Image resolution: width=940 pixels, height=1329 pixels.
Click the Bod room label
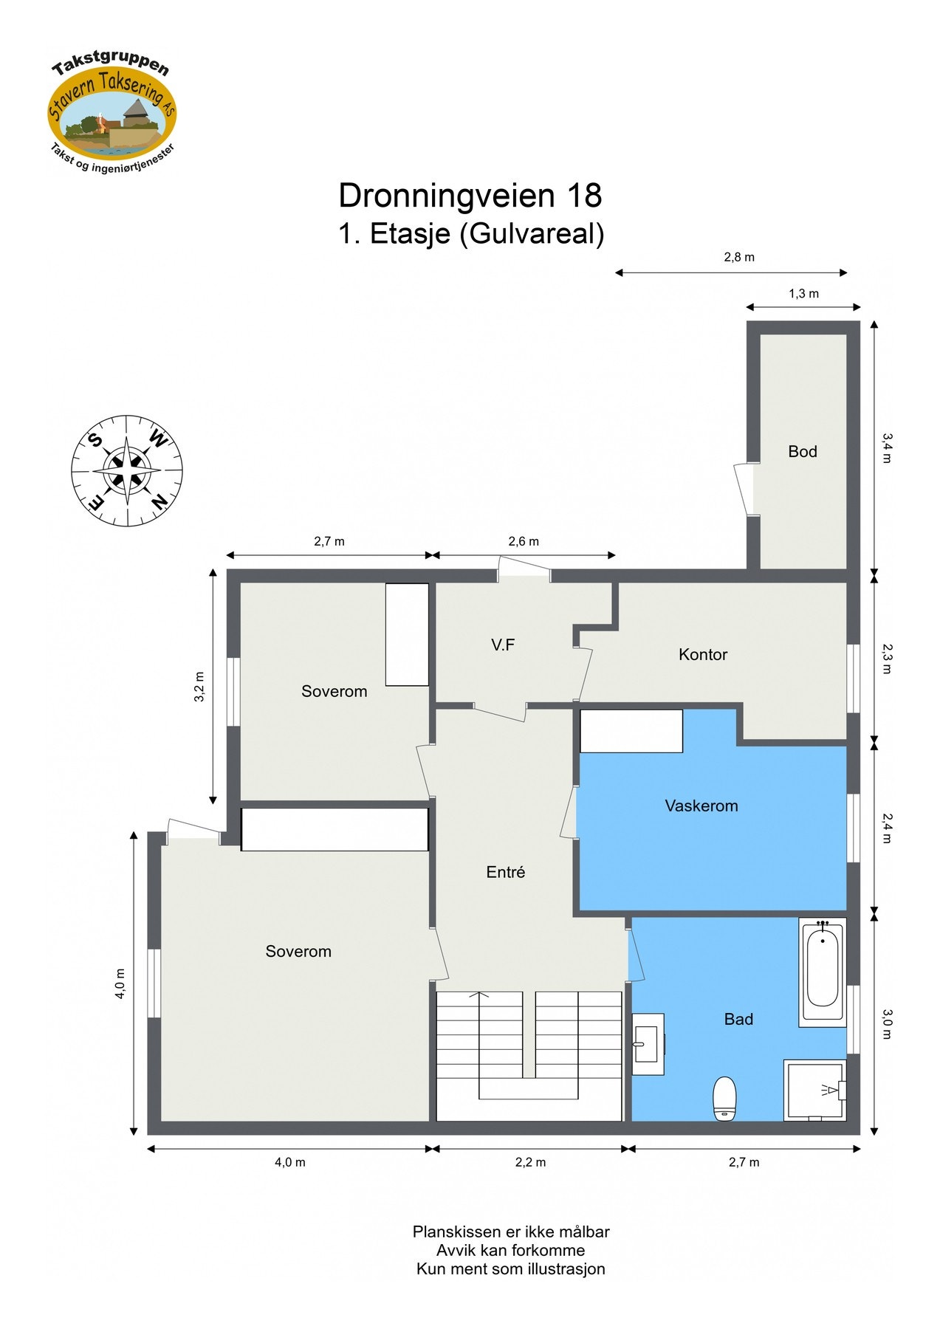[x=802, y=451]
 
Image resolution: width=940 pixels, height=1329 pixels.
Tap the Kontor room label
[x=702, y=654]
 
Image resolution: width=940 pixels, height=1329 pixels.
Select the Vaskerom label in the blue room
[x=701, y=806]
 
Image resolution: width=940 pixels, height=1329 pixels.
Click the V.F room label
[x=502, y=645]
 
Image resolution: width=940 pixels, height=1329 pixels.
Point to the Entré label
[x=505, y=872]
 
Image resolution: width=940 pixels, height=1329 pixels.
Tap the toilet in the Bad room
[x=724, y=1099]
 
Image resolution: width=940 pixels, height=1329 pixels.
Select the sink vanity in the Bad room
[x=648, y=1043]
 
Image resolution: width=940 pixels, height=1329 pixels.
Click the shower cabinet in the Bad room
[x=814, y=1090]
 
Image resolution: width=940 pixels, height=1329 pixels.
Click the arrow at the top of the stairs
[x=479, y=996]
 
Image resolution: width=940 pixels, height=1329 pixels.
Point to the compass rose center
[x=127, y=470]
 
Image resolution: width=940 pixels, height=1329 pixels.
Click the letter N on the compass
[x=158, y=503]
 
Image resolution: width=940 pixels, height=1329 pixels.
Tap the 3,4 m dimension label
[x=887, y=447]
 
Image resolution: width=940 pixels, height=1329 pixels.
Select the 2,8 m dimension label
[x=738, y=257]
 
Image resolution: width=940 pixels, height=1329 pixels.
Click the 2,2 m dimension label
[x=530, y=1162]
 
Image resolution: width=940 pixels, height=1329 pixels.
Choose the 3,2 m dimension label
[x=199, y=686]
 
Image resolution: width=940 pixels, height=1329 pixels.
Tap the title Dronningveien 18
[x=470, y=196]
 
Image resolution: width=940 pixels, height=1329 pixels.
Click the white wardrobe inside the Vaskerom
[x=631, y=731]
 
